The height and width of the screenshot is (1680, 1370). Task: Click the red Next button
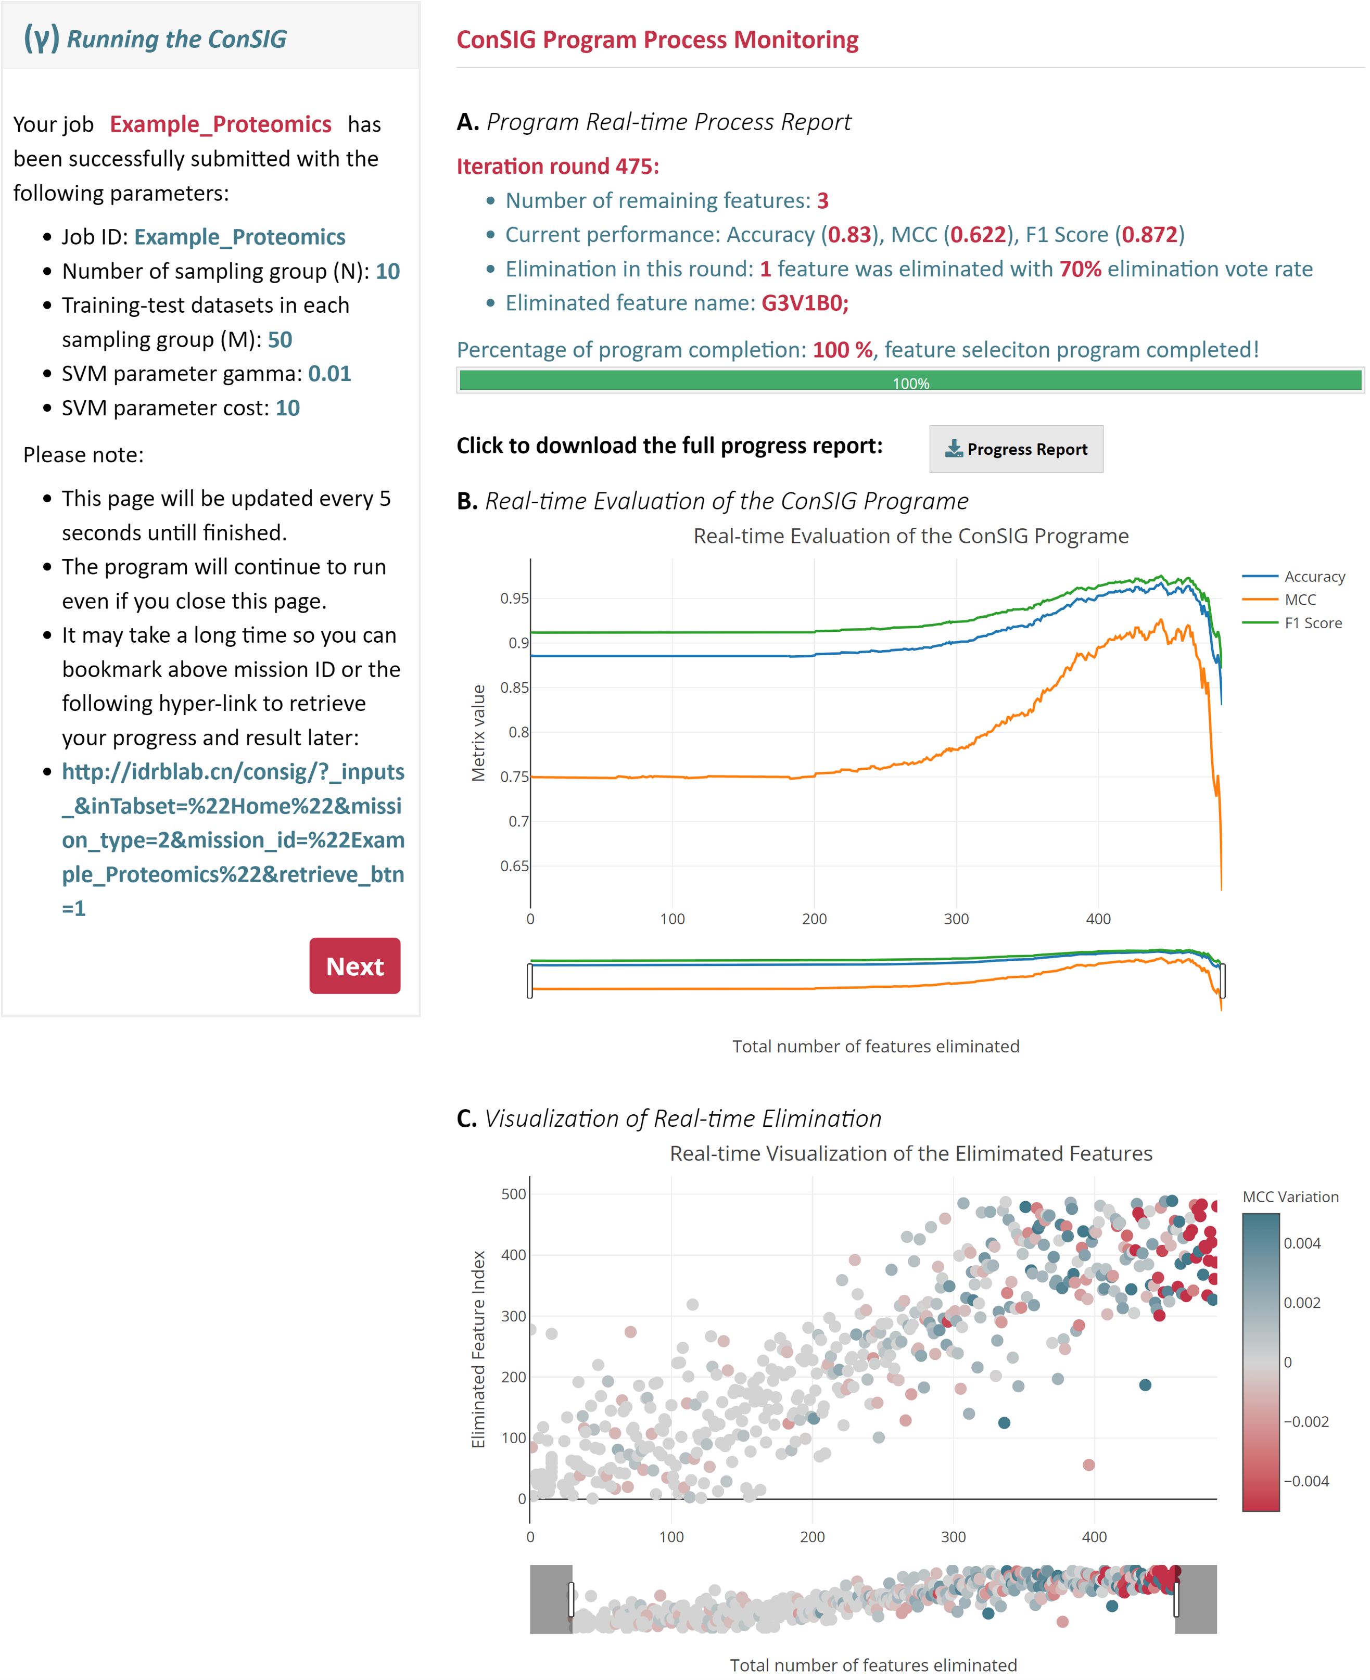coord(354,966)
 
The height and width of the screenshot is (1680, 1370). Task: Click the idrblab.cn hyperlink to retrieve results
coord(233,839)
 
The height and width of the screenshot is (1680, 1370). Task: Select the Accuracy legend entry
coord(1293,577)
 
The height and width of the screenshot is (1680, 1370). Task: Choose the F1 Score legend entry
coord(1292,622)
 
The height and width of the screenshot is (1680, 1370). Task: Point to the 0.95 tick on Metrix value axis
coord(515,598)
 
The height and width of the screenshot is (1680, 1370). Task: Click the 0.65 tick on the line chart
coord(515,866)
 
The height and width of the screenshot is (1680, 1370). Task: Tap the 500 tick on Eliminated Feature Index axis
coord(514,1194)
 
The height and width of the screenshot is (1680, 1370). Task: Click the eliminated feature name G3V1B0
coord(804,303)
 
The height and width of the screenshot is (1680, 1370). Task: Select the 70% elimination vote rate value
coord(1081,269)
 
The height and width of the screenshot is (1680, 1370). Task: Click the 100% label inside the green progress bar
coord(911,384)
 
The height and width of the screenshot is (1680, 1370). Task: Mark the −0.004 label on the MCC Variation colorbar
coord(1306,1481)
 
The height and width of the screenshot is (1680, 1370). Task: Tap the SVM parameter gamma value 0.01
coord(329,373)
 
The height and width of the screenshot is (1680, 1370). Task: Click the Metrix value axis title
coord(478,733)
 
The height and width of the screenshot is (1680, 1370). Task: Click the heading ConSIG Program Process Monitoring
coord(657,40)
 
